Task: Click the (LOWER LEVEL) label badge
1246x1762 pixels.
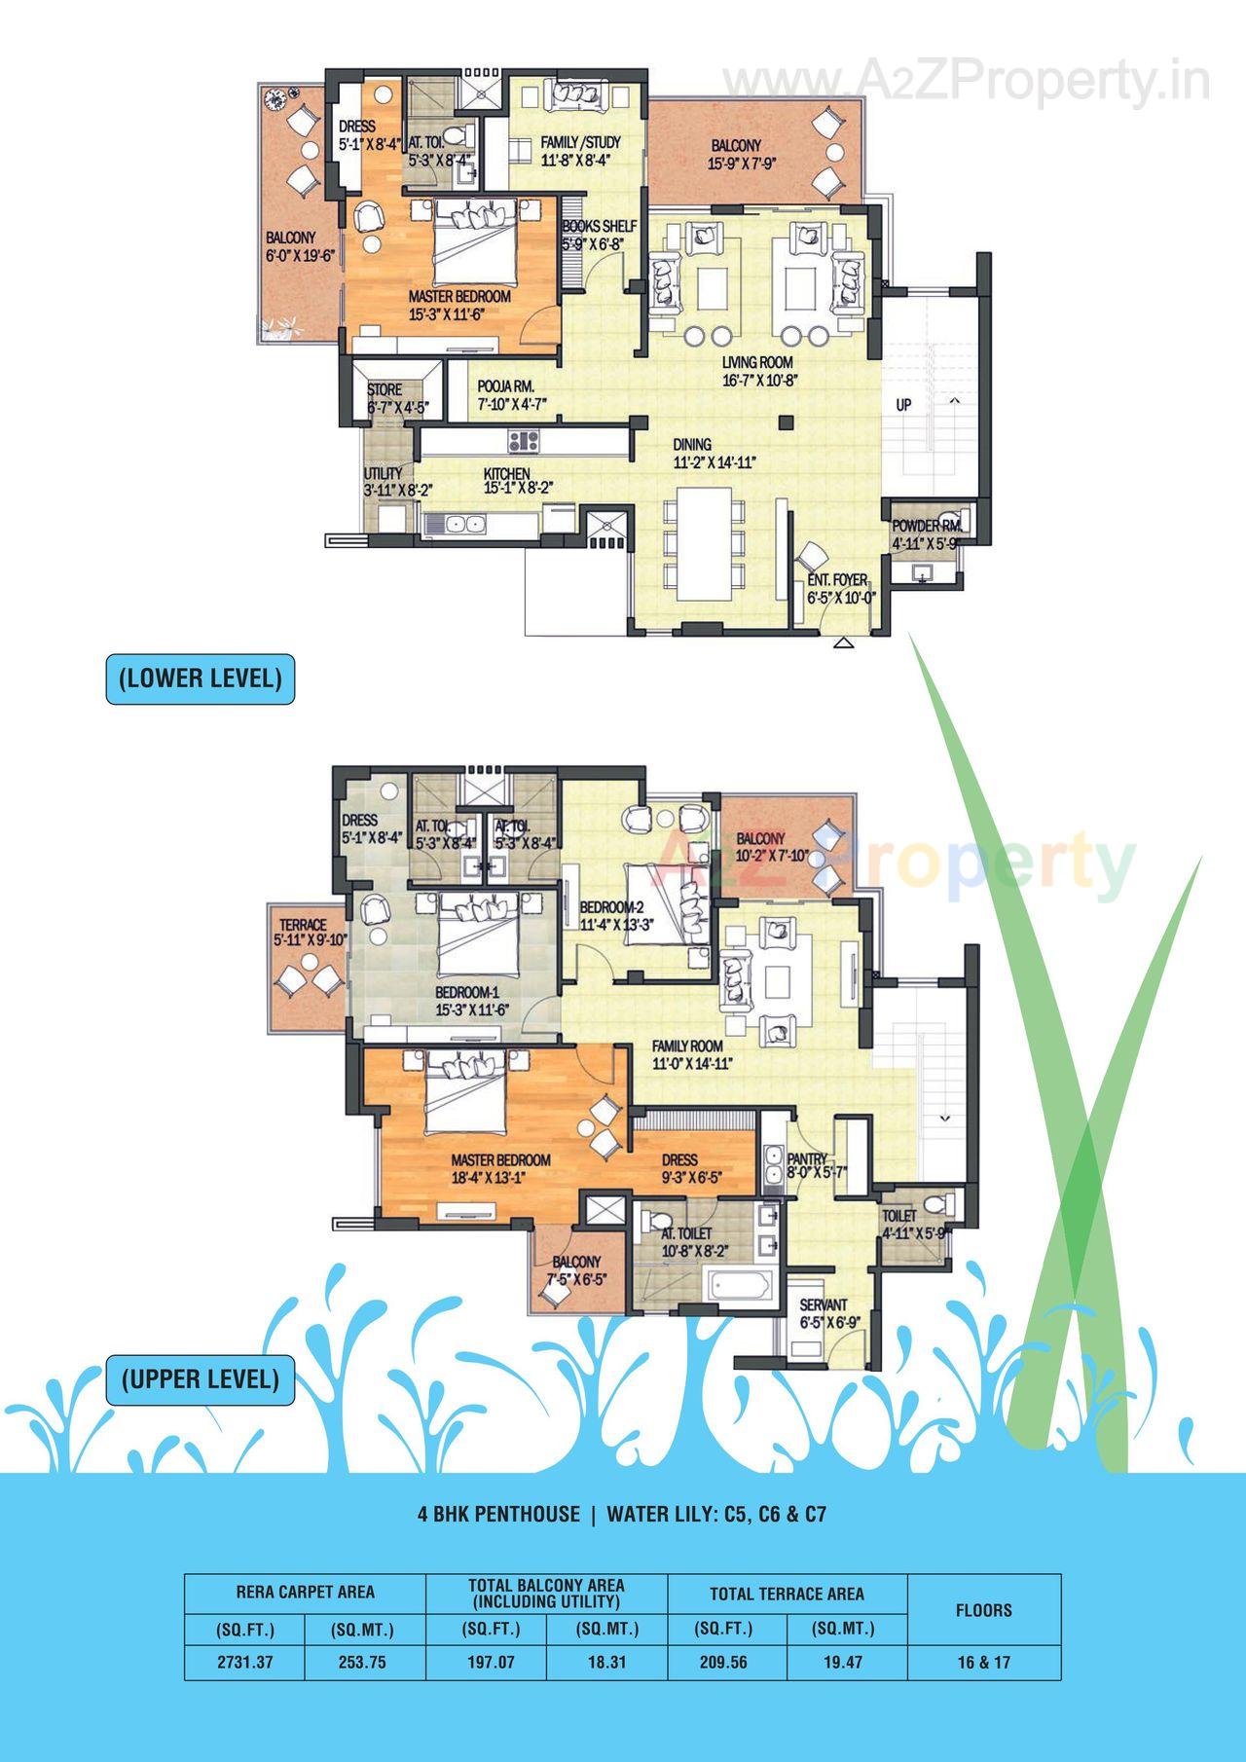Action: coord(200,679)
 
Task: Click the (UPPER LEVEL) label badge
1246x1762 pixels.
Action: coord(200,1378)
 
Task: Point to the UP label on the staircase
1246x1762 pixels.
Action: coord(903,404)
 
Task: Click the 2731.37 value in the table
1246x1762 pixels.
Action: coord(244,1662)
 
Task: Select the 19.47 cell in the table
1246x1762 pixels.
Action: coord(843,1662)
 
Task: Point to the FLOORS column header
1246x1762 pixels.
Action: coord(983,1610)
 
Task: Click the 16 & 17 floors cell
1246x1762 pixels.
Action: coord(983,1662)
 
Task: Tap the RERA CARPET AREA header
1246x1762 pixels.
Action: coord(305,1593)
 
